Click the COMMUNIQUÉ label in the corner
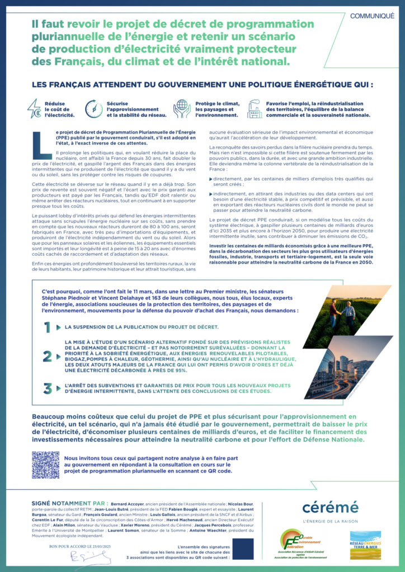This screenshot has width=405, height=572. [x=372, y=16]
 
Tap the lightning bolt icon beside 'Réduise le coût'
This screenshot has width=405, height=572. [x=35, y=108]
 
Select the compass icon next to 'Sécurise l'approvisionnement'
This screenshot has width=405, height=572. [x=93, y=108]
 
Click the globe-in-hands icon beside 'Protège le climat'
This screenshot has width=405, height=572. [x=182, y=108]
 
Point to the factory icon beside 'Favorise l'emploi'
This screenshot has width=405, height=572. [x=255, y=108]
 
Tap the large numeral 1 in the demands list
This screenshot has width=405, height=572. [x=48, y=327]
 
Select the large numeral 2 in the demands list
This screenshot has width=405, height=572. [x=48, y=356]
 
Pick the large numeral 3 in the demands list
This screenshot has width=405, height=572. [x=48, y=387]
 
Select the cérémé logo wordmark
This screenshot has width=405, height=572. [x=330, y=507]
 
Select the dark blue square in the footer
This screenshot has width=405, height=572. [x=243, y=549]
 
